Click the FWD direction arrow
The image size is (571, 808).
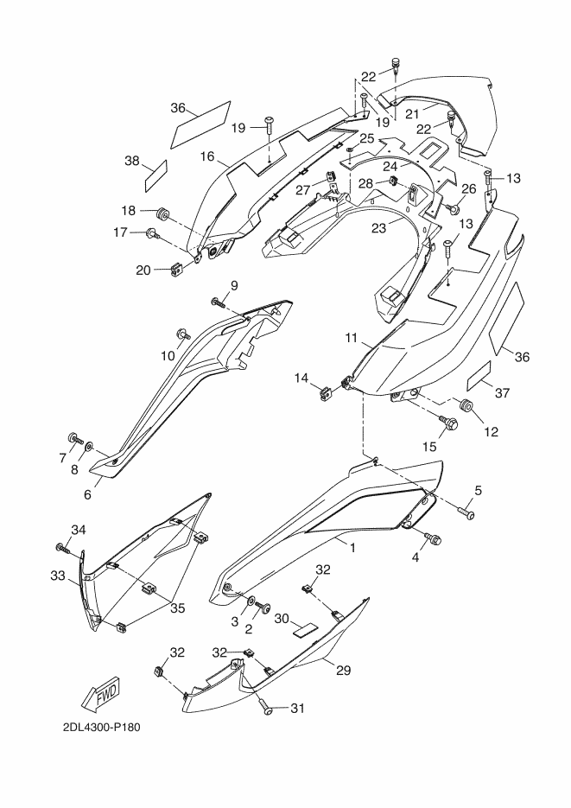pyautogui.click(x=101, y=697)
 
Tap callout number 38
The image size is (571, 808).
pyautogui.click(x=132, y=162)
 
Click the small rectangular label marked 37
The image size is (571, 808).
pyautogui.click(x=479, y=377)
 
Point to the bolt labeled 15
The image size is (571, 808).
pyautogui.click(x=446, y=423)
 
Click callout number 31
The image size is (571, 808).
pyautogui.click(x=298, y=709)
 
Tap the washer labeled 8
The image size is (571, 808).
pyautogui.click(x=89, y=445)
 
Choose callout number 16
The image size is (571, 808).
pyautogui.click(x=207, y=156)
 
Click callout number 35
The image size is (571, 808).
pyautogui.click(x=177, y=608)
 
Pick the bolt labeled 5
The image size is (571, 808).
pyautogui.click(x=466, y=512)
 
